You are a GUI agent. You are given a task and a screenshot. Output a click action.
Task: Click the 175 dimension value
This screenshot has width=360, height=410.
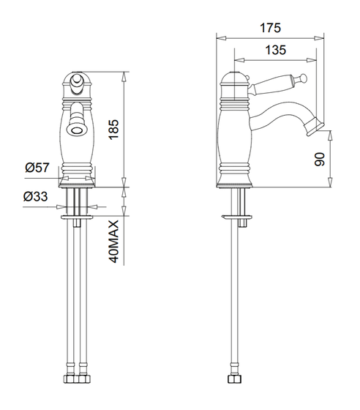271,28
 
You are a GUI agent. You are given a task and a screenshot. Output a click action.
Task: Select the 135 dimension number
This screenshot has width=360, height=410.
276,50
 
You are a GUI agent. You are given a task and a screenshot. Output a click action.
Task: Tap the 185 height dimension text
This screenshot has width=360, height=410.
114,130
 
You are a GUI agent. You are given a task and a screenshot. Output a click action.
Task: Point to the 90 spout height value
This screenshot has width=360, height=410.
319,160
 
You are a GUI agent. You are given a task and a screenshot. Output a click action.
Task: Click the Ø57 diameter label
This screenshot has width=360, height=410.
37,168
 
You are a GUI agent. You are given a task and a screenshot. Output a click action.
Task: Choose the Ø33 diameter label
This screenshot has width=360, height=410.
36,196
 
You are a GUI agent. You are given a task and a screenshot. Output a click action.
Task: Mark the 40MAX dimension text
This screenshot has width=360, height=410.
114,241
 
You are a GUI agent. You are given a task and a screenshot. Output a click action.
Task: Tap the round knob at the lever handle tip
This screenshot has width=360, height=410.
303,77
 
